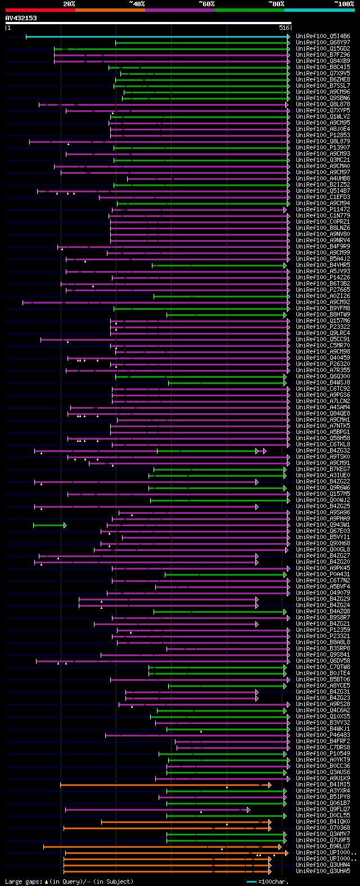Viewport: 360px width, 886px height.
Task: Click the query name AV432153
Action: click(x=21, y=18)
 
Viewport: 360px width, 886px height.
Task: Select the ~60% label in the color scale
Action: click(x=206, y=4)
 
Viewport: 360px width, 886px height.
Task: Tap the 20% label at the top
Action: click(x=69, y=4)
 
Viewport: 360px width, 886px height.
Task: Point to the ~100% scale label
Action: click(x=344, y=4)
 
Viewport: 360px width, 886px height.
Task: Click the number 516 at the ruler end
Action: click(x=284, y=28)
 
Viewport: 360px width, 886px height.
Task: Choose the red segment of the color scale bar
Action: click(x=40, y=10)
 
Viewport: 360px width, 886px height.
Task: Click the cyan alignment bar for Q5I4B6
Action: click(x=157, y=37)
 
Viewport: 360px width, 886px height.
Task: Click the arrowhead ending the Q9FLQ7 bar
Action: click(x=248, y=810)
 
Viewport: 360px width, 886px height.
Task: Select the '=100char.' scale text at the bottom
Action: click(x=273, y=882)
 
